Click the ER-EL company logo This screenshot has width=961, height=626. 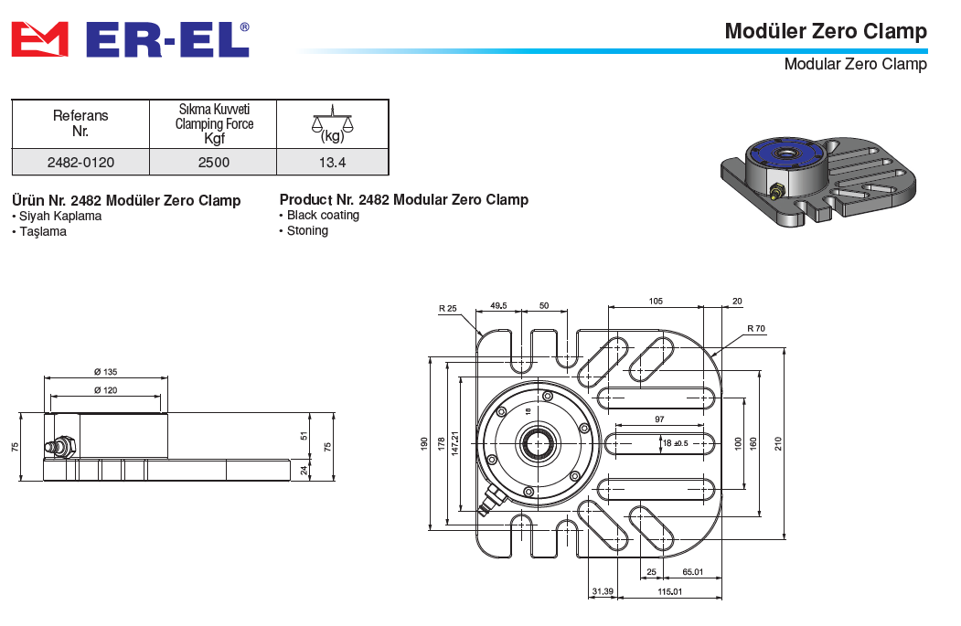pyautogui.click(x=129, y=39)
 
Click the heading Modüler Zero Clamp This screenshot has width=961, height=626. pyautogui.click(x=825, y=31)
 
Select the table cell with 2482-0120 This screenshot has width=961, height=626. pyautogui.click(x=80, y=162)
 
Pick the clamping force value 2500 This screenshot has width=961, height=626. pyautogui.click(x=213, y=162)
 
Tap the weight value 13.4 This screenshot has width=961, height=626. pyautogui.click(x=333, y=162)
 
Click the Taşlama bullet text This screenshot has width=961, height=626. pyautogui.click(x=42, y=232)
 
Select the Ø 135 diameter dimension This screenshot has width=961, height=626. pyautogui.click(x=106, y=372)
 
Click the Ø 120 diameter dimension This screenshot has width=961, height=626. pyautogui.click(x=106, y=390)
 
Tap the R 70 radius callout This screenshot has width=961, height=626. pyautogui.click(x=755, y=328)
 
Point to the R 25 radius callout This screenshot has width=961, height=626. pyautogui.click(x=447, y=309)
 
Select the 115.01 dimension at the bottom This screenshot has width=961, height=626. pyautogui.click(x=670, y=592)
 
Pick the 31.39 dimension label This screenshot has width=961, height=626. pyautogui.click(x=602, y=592)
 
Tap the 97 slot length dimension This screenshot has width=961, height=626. pyautogui.click(x=659, y=419)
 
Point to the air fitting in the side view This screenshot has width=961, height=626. pyautogui.click(x=61, y=448)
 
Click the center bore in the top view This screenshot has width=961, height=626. pyautogui.click(x=536, y=444)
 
